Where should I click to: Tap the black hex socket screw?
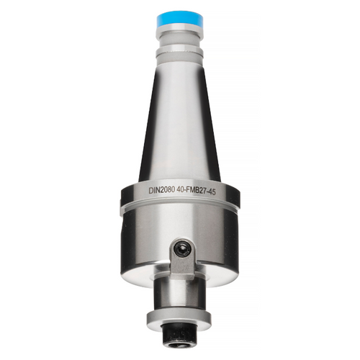click(x=182, y=251)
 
